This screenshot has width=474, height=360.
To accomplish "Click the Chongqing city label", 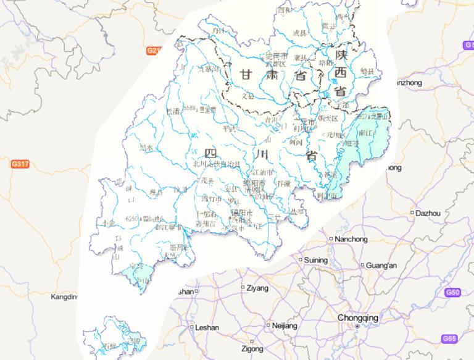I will [x=357, y=317].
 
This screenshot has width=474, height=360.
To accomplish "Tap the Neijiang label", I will [x=285, y=325].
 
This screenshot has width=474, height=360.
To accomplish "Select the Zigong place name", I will [x=252, y=349].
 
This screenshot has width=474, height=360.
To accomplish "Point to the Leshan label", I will [x=207, y=328].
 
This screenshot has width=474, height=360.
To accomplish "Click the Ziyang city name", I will [x=257, y=288].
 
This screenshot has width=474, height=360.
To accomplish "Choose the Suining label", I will [x=316, y=260].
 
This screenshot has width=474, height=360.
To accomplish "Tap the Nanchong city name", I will [x=352, y=238].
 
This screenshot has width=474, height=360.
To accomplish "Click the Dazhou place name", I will [x=428, y=213].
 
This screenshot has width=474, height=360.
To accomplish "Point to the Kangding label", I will [x=64, y=297].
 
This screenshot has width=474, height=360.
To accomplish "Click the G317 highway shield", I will [x=20, y=164].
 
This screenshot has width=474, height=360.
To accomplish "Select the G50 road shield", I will [x=452, y=292].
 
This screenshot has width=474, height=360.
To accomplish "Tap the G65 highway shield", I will [x=449, y=338].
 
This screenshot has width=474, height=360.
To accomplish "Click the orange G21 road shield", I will [x=153, y=51].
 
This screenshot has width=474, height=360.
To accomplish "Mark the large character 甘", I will [x=246, y=75].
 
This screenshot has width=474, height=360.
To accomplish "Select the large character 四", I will [x=210, y=153].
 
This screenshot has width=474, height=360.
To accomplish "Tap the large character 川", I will [x=260, y=153].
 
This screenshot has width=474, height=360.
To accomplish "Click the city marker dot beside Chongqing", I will [x=357, y=325].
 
